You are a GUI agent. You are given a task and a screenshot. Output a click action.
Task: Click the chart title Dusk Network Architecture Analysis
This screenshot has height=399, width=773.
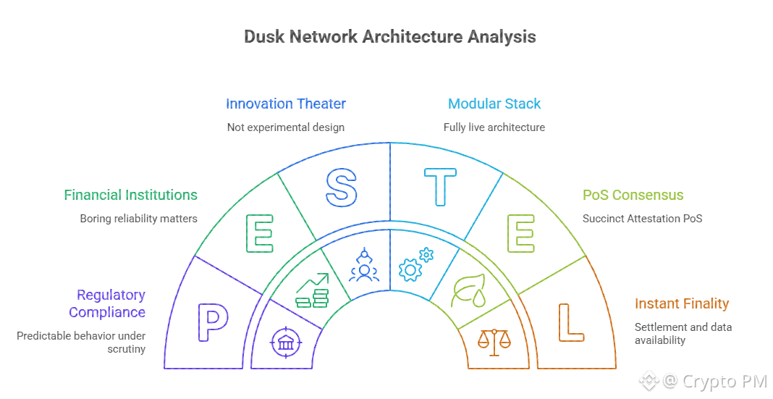point(390,37)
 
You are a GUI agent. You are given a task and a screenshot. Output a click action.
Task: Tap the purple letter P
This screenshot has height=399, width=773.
point(213,323)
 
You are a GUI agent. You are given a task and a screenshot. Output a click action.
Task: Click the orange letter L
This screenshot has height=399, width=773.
point(570,323)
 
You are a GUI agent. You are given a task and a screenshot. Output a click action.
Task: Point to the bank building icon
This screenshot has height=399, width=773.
point(286,342)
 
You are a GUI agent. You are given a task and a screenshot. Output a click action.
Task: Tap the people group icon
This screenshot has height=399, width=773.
point(363,265)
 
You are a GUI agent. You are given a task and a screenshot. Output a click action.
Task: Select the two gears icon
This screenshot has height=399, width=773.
point(416,265)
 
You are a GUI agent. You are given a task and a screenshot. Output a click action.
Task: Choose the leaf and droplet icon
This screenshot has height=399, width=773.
point(468,290)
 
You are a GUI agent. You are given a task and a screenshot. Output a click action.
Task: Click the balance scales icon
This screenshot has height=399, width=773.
point(495,342)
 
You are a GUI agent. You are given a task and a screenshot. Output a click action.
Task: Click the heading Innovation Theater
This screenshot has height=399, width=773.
point(285,104)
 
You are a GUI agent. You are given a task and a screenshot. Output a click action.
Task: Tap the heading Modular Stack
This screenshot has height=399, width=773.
point(494,104)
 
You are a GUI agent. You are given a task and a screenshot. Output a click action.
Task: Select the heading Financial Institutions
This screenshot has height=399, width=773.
point(130,195)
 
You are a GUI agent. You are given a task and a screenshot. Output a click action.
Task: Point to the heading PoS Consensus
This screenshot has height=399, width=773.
point(633,195)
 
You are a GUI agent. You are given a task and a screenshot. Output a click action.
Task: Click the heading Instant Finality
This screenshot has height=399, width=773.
point(681,303)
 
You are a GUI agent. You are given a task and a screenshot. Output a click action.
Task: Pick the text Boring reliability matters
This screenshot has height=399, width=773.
point(138,218)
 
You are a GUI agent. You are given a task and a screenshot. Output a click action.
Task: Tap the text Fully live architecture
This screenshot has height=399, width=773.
point(494,127)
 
